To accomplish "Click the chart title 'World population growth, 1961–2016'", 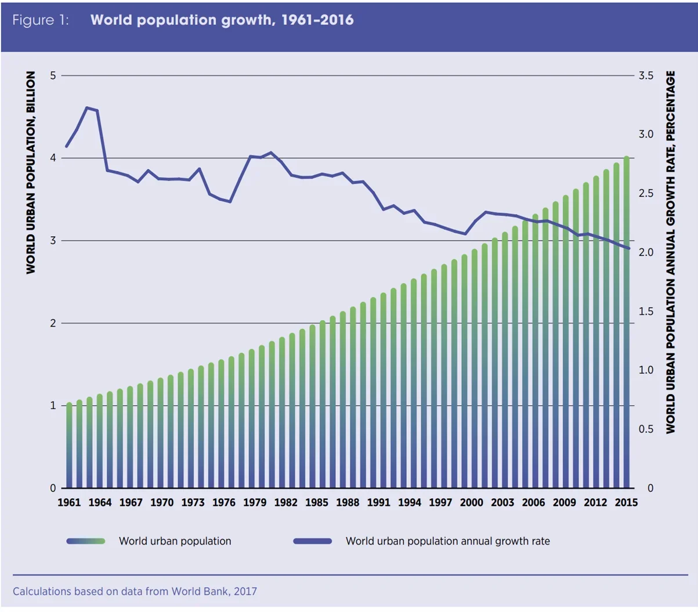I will click(222, 20).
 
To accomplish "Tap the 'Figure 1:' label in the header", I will click(41, 20).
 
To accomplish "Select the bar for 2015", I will click(626, 325).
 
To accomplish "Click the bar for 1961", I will click(69, 447).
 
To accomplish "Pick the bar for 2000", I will click(474, 371).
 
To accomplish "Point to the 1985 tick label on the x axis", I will click(316, 502).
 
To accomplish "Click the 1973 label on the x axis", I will click(193, 502).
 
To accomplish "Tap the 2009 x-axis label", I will click(564, 502).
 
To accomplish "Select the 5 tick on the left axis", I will click(53, 75).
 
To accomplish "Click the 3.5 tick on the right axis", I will click(646, 75).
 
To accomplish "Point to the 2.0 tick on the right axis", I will click(646, 252).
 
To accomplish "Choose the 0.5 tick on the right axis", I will click(646, 429).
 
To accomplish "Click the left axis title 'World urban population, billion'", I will click(31, 173).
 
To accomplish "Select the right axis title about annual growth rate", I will click(671, 252).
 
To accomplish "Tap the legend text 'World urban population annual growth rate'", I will click(447, 541).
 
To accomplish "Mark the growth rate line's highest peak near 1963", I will click(87, 107).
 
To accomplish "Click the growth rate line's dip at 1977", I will click(230, 202).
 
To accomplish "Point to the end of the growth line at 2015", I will click(629, 248).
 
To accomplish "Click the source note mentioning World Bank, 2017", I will click(135, 592).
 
